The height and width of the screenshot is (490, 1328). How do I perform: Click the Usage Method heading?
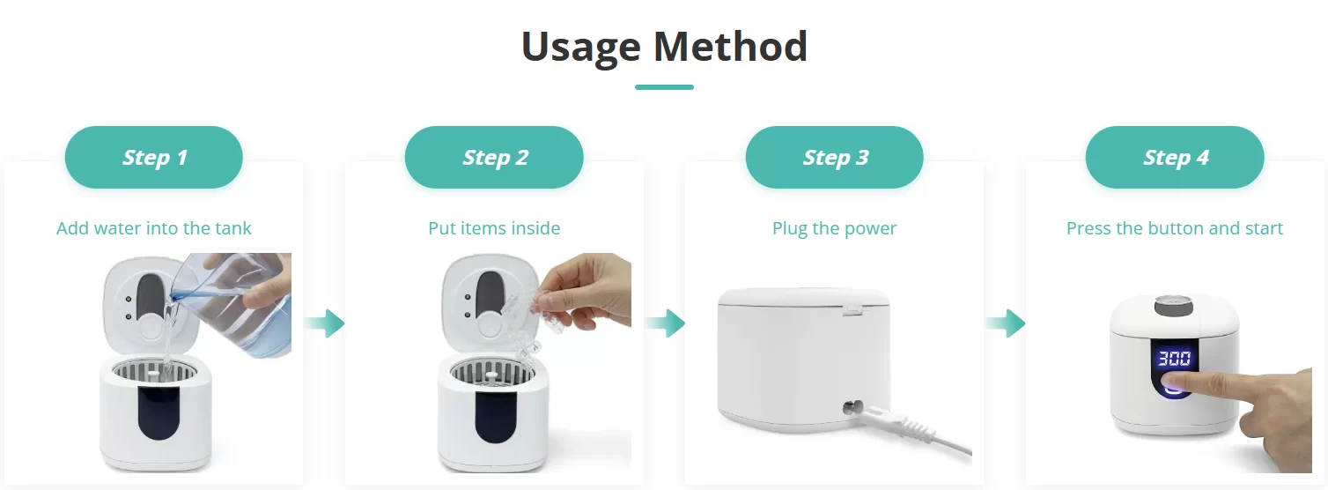click(x=664, y=47)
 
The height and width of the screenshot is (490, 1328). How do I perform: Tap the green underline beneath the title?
click(x=664, y=87)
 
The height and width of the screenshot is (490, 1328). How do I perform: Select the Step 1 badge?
click(x=153, y=157)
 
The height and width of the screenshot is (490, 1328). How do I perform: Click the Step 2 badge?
click(x=494, y=157)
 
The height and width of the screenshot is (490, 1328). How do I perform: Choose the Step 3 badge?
click(x=834, y=157)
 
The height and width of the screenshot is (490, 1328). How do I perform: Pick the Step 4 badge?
click(x=1175, y=157)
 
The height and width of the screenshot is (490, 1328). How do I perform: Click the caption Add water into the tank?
click(x=153, y=228)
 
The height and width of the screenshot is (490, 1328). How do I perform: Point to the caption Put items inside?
click(x=494, y=228)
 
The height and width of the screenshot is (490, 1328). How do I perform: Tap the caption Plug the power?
click(x=834, y=228)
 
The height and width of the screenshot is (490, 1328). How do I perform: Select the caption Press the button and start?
click(x=1175, y=228)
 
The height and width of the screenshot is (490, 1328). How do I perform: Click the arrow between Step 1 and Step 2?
click(x=326, y=323)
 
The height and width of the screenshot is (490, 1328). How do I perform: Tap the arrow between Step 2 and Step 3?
click(x=666, y=323)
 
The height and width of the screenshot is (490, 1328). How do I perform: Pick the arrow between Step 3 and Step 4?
click(x=1006, y=323)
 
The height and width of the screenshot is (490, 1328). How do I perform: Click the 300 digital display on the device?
click(x=1175, y=358)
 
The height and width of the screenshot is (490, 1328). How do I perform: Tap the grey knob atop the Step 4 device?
click(x=1174, y=306)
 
